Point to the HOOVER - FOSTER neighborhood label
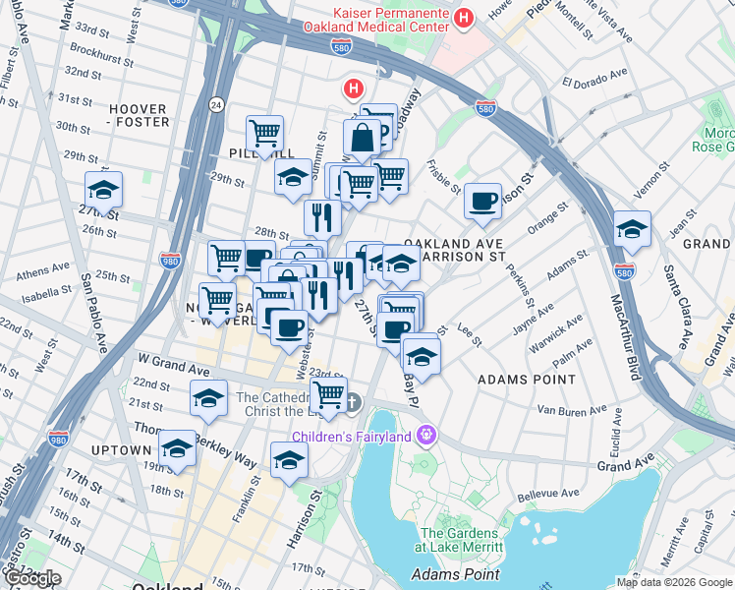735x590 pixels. pyautogui.click(x=138, y=115)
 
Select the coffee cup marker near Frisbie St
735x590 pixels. pyautogui.click(x=482, y=202)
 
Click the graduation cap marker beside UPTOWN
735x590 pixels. pyautogui.click(x=177, y=447)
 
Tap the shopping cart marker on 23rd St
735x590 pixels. pyautogui.click(x=329, y=395)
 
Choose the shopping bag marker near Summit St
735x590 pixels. pyautogui.click(x=362, y=139)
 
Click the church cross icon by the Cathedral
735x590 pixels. pyautogui.click(x=352, y=402)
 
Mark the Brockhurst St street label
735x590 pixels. pyautogui.click(x=95, y=55)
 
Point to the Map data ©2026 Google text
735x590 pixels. pyautogui.click(x=673, y=582)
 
